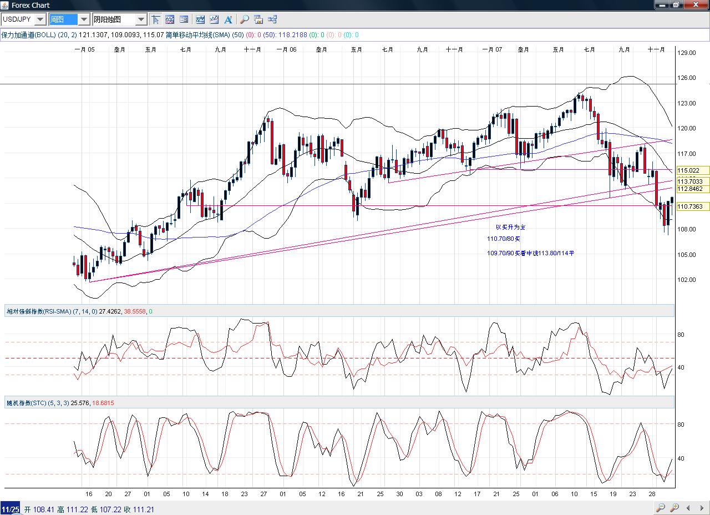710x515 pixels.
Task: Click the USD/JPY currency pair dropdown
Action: pyautogui.click(x=23, y=19)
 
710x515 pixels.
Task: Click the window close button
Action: pyautogui.click(x=697, y=5)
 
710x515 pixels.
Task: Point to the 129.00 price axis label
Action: pyautogui.click(x=687, y=53)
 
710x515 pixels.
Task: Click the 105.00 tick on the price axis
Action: pyautogui.click(x=687, y=255)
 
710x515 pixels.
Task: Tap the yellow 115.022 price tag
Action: pyautogui.click(x=688, y=170)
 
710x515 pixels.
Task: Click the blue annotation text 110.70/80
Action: pyautogui.click(x=504, y=239)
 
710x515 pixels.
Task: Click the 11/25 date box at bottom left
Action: pyautogui.click(x=10, y=509)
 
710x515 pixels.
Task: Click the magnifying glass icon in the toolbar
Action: pyautogui.click(x=244, y=19)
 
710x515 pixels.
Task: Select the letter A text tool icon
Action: pyautogui.click(x=228, y=19)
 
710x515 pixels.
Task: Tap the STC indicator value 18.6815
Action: pyautogui.click(x=103, y=403)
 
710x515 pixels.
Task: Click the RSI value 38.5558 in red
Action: pyautogui.click(x=135, y=311)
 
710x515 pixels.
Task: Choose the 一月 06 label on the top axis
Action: pyautogui.click(x=286, y=49)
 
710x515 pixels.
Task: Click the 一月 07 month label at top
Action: pyautogui.click(x=492, y=49)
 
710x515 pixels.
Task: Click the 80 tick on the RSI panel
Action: pyautogui.click(x=681, y=335)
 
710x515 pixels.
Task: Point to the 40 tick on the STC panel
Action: pyautogui.click(x=681, y=458)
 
